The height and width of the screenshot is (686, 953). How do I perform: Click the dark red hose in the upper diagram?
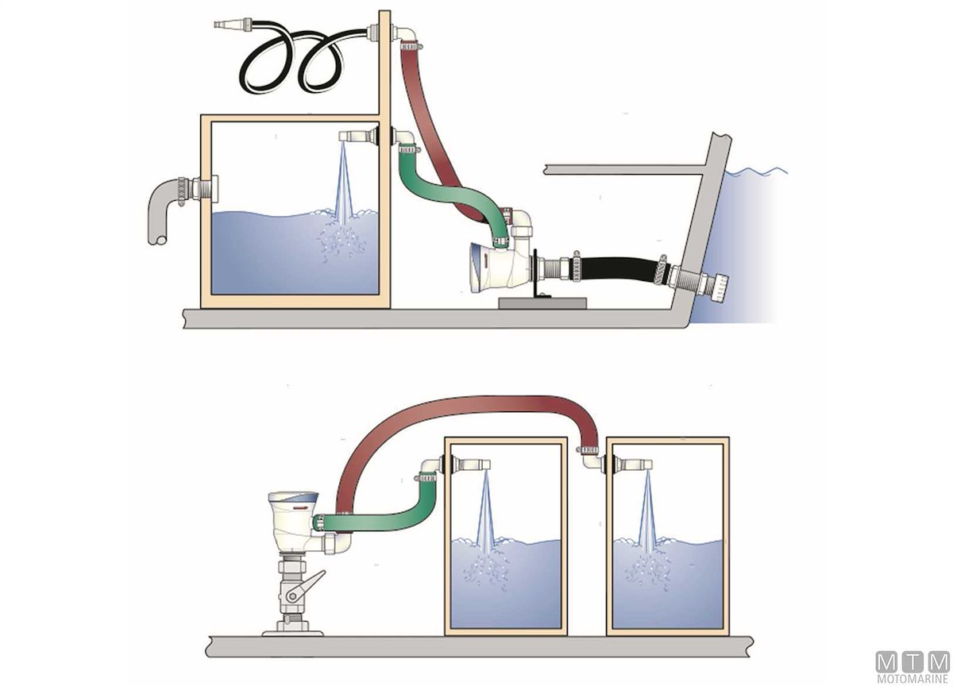[x=429, y=127]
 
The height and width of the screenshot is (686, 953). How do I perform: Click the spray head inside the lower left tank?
[x=476, y=464]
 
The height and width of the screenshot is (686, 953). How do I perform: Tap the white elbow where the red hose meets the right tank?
[x=592, y=458]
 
